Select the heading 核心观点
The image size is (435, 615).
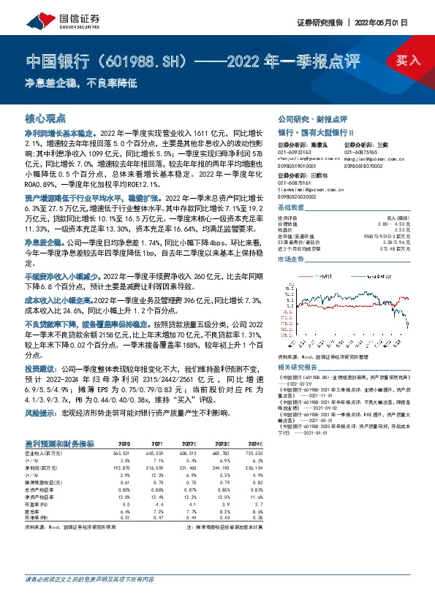(45, 118)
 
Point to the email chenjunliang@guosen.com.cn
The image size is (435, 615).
(303, 158)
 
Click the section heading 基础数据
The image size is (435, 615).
(290, 208)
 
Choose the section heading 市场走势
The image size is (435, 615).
(290, 259)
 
